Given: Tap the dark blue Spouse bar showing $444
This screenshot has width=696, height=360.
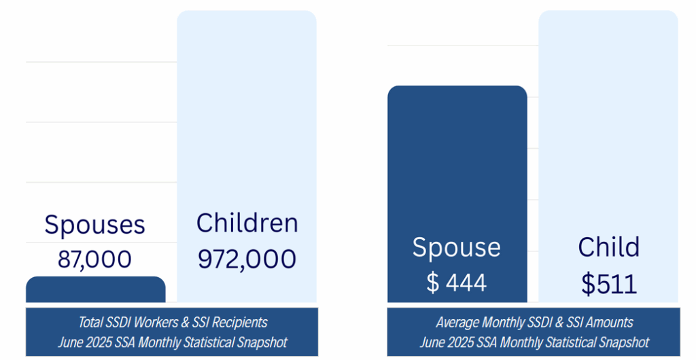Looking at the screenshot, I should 457,170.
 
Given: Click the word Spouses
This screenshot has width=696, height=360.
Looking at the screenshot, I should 94,225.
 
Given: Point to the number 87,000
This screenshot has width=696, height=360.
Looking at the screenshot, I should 94,259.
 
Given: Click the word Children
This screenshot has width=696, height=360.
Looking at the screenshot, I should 247,223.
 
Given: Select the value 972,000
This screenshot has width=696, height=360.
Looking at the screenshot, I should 247,259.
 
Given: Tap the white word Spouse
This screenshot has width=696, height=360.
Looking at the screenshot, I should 456,248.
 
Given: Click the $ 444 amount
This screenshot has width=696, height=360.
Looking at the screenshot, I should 456,282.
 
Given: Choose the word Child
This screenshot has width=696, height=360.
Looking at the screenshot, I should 608,247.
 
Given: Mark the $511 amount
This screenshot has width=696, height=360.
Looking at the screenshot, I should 609,283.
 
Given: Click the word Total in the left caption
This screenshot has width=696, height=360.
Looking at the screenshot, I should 92,322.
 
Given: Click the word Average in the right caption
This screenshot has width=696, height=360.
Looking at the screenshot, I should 457,322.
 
